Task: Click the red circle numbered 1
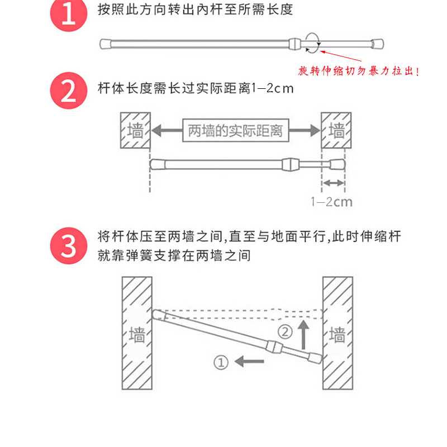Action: [x=68, y=15]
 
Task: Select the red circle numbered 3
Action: [x=68, y=245]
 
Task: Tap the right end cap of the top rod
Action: [x=378, y=43]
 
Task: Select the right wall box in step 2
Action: [x=336, y=131]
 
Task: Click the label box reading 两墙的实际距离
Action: [x=235, y=131]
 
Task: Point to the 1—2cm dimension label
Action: [x=332, y=202]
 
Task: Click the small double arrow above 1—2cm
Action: [x=334, y=183]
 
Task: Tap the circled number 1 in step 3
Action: [x=222, y=362]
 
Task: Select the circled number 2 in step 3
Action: [x=285, y=332]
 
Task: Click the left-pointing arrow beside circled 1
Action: [x=249, y=362]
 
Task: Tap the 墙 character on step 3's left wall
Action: [x=137, y=335]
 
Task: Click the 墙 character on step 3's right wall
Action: [x=337, y=335]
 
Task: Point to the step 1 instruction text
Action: [x=195, y=10]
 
